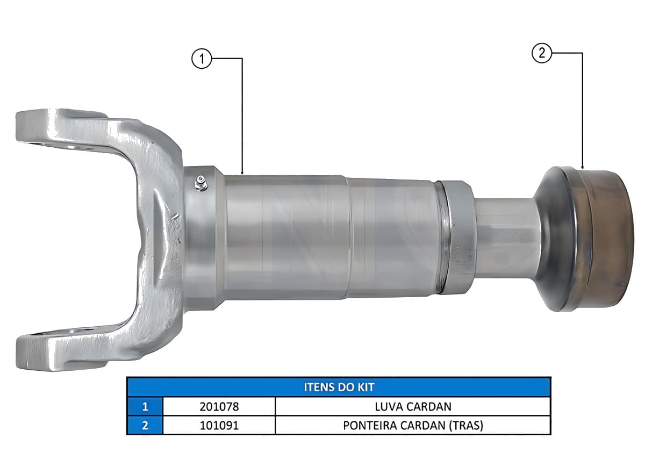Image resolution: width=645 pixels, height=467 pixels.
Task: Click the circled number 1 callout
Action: pyautogui.click(x=202, y=59)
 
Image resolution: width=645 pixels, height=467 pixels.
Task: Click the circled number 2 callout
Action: pyautogui.click(x=542, y=53)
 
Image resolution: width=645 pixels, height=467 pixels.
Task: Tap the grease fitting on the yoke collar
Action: pyautogui.click(x=200, y=183)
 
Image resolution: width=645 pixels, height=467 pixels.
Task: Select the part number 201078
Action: pyautogui.click(x=219, y=406)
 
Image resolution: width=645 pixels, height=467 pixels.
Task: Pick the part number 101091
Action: pyautogui.click(x=219, y=425)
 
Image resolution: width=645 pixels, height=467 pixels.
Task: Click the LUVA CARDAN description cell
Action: pyautogui.click(x=413, y=406)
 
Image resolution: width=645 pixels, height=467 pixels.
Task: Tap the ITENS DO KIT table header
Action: pyautogui.click(x=339, y=387)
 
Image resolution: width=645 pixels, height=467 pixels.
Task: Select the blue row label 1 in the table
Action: pyautogui.click(x=145, y=406)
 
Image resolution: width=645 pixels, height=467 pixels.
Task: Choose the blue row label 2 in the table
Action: pyautogui.click(x=145, y=425)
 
